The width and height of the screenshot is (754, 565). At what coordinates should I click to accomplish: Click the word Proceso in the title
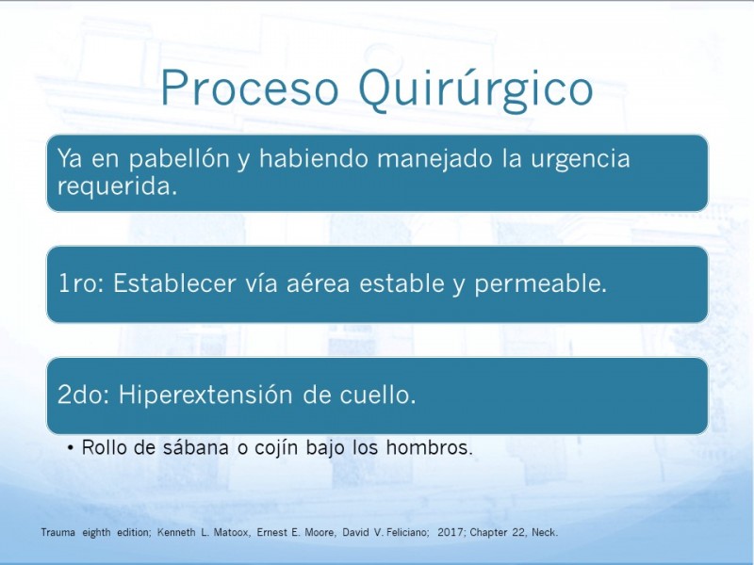[x=249, y=88]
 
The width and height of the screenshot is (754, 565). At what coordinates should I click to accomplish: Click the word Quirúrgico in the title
[x=476, y=90]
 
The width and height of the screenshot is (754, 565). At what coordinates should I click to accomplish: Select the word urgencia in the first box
[x=581, y=160]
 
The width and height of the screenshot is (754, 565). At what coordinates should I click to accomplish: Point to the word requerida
[x=118, y=186]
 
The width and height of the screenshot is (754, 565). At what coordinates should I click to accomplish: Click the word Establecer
[x=175, y=282]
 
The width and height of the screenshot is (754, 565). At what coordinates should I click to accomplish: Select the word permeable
[x=541, y=283]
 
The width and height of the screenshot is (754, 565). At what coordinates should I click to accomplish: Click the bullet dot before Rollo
[x=72, y=448]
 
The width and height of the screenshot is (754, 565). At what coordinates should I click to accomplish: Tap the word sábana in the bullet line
[x=196, y=447]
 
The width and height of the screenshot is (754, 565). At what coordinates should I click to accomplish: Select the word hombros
[x=430, y=447]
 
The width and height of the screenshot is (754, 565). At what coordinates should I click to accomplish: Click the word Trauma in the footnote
[x=58, y=532]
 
